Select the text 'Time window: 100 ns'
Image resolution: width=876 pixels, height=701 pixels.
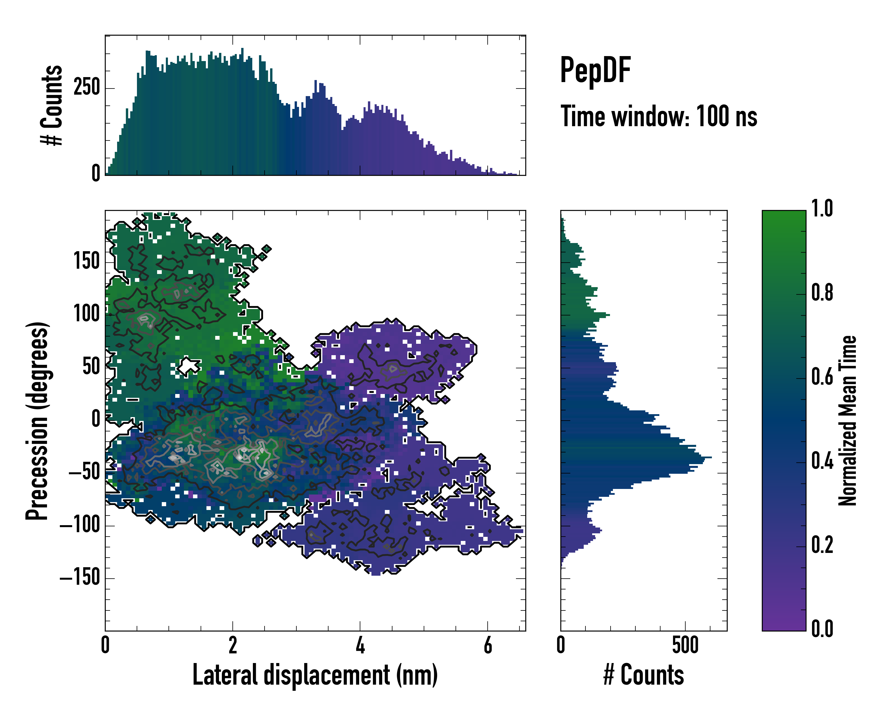pyautogui.click(x=659, y=116)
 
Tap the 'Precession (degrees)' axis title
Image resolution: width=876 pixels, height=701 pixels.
pyautogui.click(x=38, y=421)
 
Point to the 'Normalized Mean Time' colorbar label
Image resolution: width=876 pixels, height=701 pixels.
pyautogui.click(x=848, y=421)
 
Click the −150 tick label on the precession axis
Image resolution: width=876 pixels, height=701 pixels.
pyautogui.click(x=80, y=577)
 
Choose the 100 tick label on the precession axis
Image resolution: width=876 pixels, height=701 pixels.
pyautogui.click(x=86, y=314)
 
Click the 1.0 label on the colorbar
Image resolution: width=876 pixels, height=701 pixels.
pyautogui.click(x=822, y=209)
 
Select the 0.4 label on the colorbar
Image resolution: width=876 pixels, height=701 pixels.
pyautogui.click(x=822, y=461)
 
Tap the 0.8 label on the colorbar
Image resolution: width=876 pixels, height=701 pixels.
pyautogui.click(x=822, y=293)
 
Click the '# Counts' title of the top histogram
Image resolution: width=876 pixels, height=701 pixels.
pyautogui.click(x=52, y=105)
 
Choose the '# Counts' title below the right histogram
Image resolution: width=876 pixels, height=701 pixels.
pyautogui.click(x=644, y=675)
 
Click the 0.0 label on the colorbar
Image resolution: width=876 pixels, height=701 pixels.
pyautogui.click(x=822, y=629)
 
